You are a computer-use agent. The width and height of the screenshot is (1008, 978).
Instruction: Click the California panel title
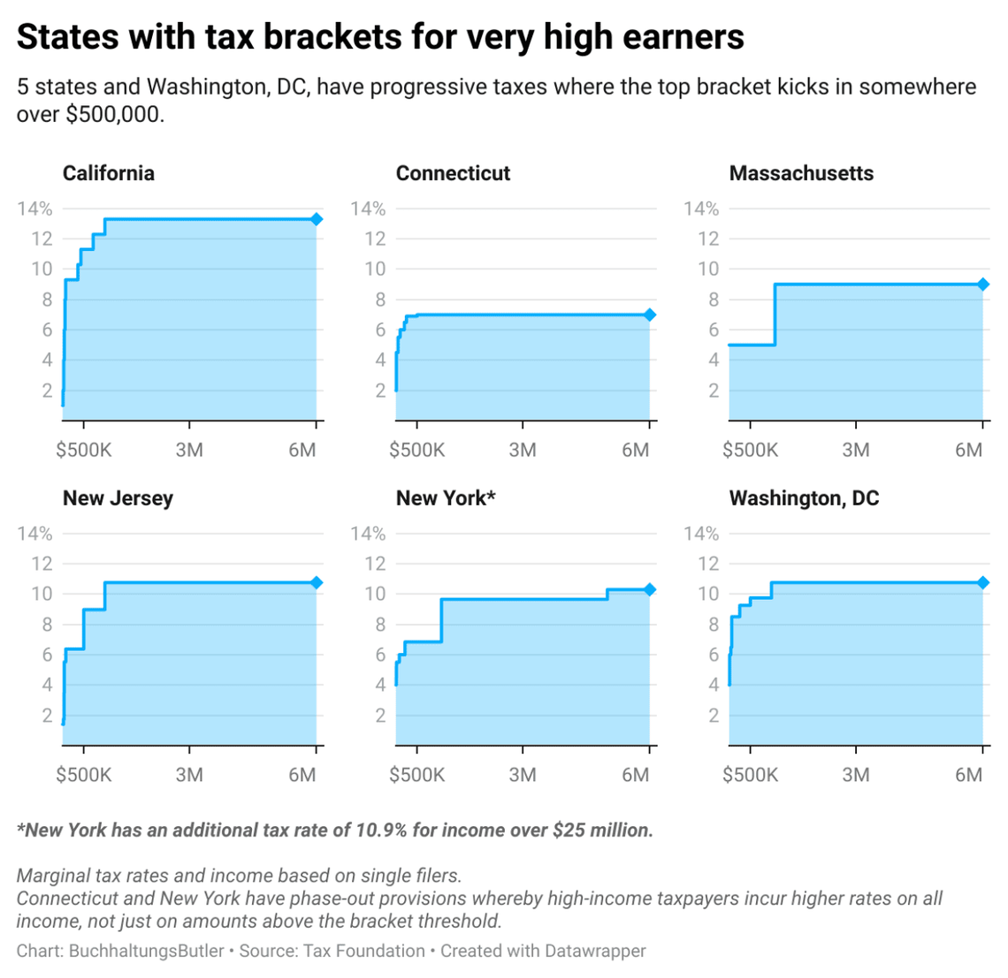108,173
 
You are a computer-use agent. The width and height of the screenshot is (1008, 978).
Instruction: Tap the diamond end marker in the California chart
317,219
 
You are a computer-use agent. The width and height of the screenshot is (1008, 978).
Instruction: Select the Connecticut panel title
453,173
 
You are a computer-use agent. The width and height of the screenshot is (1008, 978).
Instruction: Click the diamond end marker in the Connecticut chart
650,315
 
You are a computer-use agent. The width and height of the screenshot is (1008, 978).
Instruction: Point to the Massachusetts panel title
801,173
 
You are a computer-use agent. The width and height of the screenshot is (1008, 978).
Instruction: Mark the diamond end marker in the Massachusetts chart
983,284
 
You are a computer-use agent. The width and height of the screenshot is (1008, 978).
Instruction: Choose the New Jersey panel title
118,498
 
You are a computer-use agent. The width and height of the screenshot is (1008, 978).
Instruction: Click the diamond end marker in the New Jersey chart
317,583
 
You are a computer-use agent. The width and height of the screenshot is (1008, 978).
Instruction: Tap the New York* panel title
446,498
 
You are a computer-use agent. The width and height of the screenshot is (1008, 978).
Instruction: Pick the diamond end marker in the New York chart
650,589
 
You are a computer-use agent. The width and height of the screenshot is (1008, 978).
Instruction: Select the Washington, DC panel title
804,498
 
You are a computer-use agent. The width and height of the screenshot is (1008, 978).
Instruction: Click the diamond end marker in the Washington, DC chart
983,583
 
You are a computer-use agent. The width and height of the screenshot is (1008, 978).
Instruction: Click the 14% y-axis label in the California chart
35,208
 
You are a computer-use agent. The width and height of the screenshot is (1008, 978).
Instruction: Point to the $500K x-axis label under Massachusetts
750,450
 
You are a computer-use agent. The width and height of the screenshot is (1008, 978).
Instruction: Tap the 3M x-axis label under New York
523,775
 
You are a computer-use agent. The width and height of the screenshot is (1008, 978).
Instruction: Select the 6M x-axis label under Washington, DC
968,775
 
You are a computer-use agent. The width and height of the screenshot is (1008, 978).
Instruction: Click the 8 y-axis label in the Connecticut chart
380,299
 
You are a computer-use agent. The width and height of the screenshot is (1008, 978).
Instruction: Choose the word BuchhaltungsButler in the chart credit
147,951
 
